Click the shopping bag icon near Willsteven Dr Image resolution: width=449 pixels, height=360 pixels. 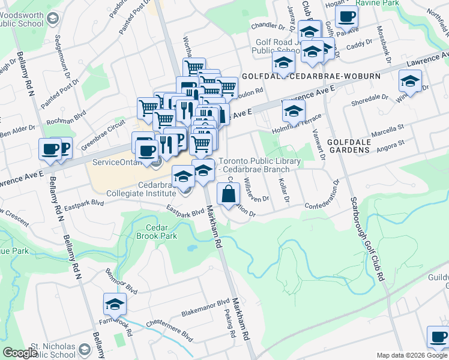tap(228, 194)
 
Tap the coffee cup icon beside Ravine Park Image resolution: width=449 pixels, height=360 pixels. tap(346, 18)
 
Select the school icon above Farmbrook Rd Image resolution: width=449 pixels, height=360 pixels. tap(115, 304)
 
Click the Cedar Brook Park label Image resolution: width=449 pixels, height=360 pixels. tap(161, 232)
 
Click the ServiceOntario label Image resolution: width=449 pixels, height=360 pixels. tap(118, 163)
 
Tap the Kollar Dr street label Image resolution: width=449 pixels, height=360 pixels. tap(286, 191)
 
